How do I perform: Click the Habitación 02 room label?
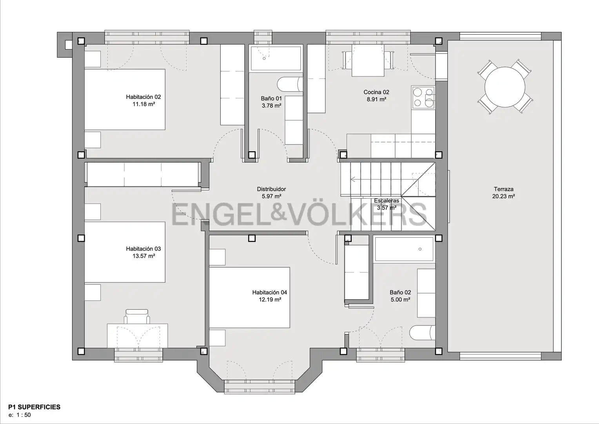(143, 97)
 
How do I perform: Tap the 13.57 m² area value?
(143, 256)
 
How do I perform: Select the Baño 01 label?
(271, 99)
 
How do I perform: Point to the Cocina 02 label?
(376, 92)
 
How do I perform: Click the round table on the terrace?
(505, 87)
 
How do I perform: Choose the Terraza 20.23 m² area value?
(503, 196)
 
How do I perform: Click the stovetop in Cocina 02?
(424, 97)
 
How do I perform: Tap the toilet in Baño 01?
(290, 84)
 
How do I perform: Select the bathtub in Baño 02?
(404, 249)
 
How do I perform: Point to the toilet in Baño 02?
(422, 333)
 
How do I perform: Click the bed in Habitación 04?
(249, 297)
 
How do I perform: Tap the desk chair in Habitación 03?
(137, 316)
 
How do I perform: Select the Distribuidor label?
(271, 189)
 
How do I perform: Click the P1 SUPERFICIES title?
(34, 407)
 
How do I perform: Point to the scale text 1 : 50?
(24, 415)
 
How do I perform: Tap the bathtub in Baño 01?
(276, 58)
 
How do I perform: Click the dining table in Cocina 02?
(368, 60)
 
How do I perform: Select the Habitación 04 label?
(270, 292)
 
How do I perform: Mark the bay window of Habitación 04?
(260, 387)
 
